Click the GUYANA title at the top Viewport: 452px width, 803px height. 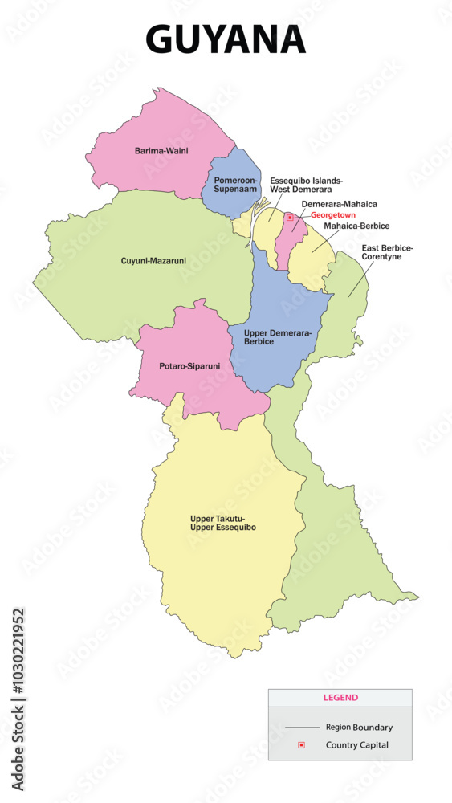click(226, 39)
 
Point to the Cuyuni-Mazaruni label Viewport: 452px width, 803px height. click(153, 260)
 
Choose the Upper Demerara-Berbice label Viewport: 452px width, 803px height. click(276, 336)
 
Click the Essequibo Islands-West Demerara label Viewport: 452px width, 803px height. click(306, 185)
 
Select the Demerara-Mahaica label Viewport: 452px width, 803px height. click(339, 205)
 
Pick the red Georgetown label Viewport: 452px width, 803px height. click(333, 215)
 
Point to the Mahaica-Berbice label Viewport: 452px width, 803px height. click(356, 226)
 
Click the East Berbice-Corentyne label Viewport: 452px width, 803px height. click(387, 252)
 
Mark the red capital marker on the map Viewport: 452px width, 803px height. click(290, 216)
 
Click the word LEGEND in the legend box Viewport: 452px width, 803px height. click(340, 698)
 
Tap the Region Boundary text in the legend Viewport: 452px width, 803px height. click(359, 728)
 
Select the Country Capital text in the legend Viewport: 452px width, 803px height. click(357, 745)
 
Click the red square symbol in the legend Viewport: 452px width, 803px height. click(301, 745)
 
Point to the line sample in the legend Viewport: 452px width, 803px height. click(303, 728)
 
